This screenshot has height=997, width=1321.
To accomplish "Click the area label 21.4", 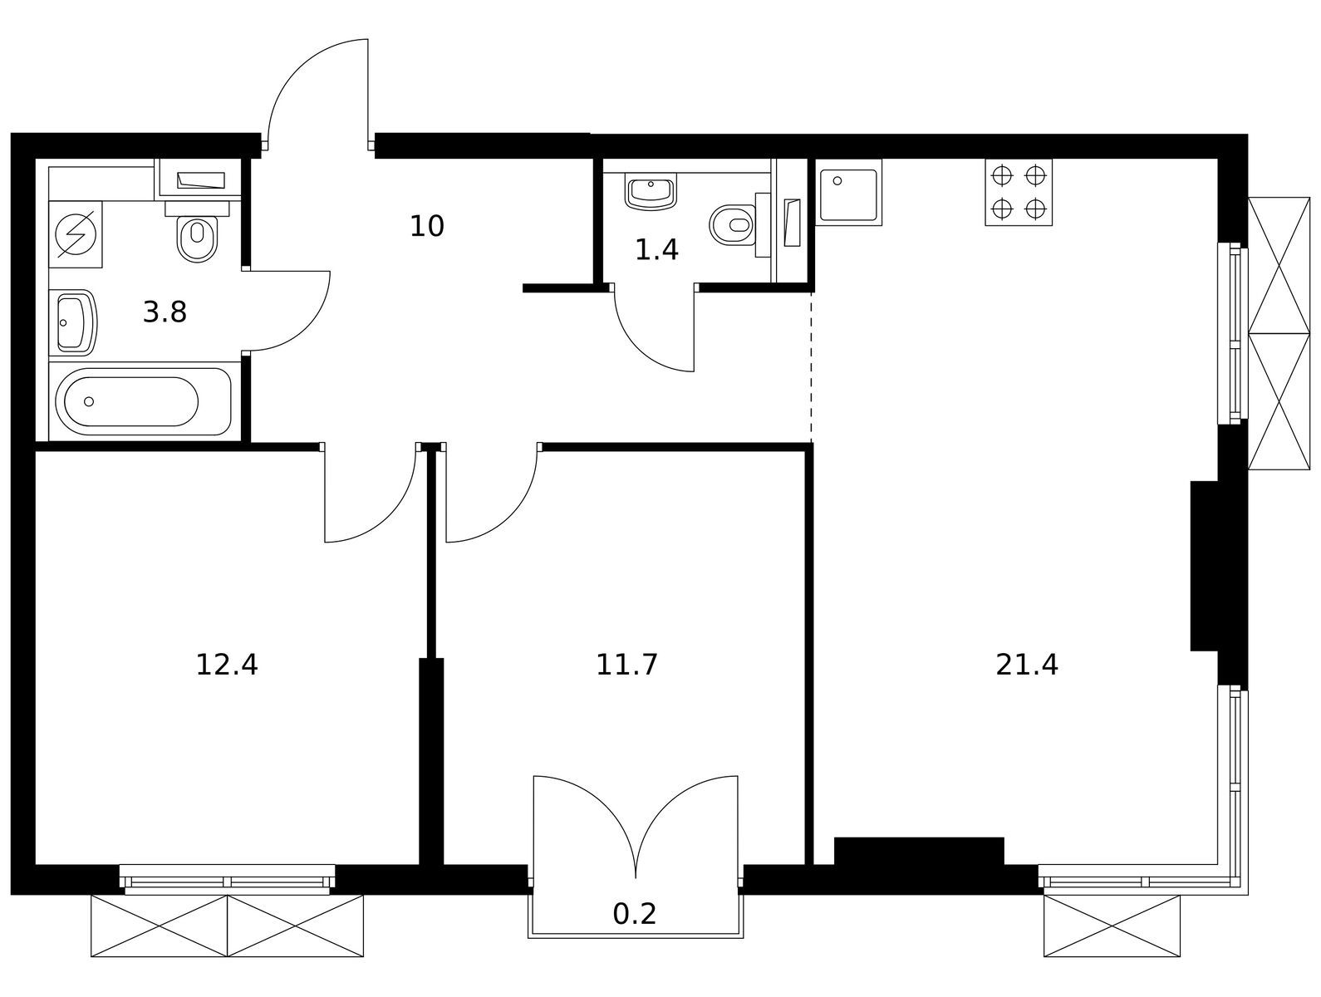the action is click(x=1027, y=665).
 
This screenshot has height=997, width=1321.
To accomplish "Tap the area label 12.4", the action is click(x=227, y=665).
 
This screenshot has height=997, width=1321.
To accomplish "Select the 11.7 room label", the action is click(x=626, y=665).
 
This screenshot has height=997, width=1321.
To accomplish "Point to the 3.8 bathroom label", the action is click(x=165, y=313).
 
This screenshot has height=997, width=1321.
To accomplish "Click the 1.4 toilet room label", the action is click(x=656, y=250).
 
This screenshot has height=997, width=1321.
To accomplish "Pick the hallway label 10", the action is click(x=427, y=226).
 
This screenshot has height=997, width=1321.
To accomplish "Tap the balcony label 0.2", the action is click(x=634, y=915).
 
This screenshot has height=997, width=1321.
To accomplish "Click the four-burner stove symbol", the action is click(x=1019, y=193).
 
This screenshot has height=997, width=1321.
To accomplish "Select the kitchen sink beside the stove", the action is click(x=848, y=193).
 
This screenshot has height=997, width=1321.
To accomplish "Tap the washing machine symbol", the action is click(x=76, y=234).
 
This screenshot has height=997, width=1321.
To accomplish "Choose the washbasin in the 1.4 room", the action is click(x=651, y=191).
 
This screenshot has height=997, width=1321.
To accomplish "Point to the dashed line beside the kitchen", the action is click(x=811, y=368).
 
